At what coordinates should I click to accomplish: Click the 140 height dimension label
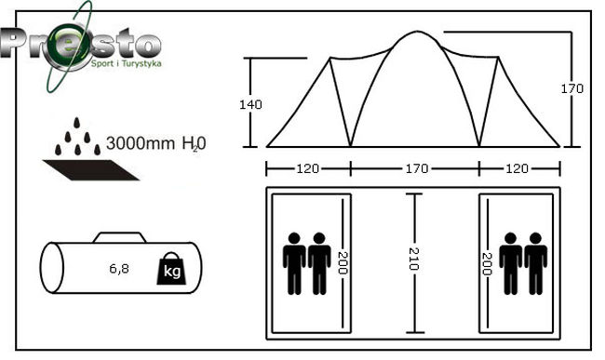pyautogui.click(x=250, y=104)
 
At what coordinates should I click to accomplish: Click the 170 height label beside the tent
pyautogui.click(x=571, y=88)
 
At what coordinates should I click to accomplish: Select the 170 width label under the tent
pyautogui.click(x=417, y=168)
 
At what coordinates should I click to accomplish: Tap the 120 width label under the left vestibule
pyautogui.click(x=307, y=168)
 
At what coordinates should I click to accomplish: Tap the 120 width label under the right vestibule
pyautogui.click(x=517, y=168)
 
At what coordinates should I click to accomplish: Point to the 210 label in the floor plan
pyautogui.click(x=413, y=259)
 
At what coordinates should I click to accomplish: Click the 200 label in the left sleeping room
pyautogui.click(x=343, y=263)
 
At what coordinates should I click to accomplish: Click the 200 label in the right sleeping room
pyautogui.click(x=487, y=263)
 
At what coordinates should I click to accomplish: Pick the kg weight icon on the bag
pyautogui.click(x=171, y=269)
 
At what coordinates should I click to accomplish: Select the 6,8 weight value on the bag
pyautogui.click(x=119, y=268)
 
